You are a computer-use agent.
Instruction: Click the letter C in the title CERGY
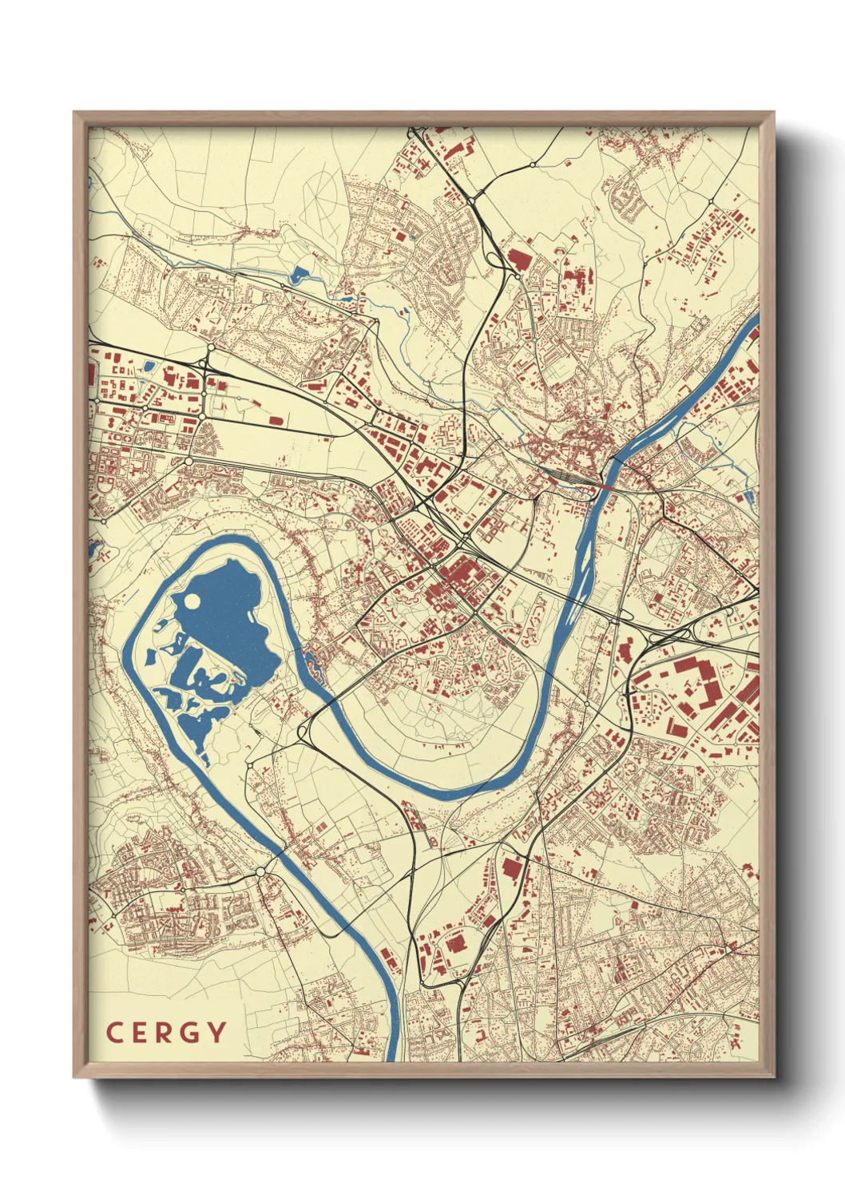[113, 1033]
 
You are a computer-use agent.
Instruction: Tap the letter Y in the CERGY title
[216, 1033]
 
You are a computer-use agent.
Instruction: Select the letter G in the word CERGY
[190, 1033]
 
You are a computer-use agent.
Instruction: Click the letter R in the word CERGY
[165, 1033]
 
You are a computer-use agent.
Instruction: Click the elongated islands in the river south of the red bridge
[588, 551]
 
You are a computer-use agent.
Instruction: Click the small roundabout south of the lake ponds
[250, 765]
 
